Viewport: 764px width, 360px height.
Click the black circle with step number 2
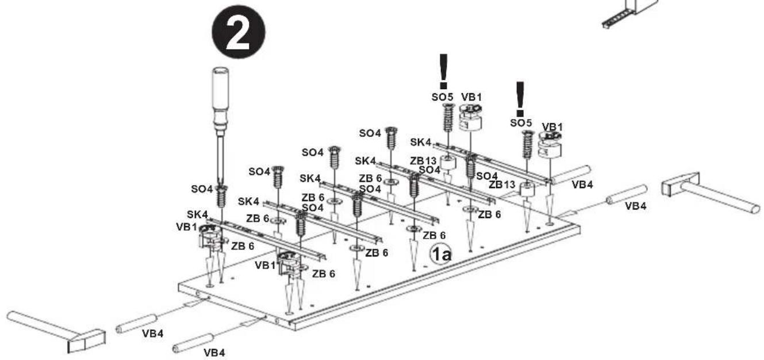pyautogui.click(x=239, y=32)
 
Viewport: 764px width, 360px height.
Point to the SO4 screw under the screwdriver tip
pyautogui.click(x=222, y=197)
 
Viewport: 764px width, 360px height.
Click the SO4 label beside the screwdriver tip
pyautogui.click(x=202, y=189)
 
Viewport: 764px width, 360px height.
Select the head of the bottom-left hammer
pyautogui.click(x=86, y=341)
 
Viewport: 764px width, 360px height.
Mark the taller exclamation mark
pyautogui.click(x=443, y=71)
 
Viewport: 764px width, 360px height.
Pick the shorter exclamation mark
pyautogui.click(x=520, y=99)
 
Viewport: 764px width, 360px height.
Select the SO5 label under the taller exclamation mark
pyautogui.click(x=443, y=97)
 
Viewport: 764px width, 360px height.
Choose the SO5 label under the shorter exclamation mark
pyautogui.click(x=521, y=123)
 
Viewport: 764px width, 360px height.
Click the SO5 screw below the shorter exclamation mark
pyautogui.click(x=528, y=144)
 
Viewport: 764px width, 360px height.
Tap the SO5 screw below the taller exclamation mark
pyautogui.click(x=449, y=117)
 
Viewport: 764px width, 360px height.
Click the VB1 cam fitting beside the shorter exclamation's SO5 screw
pyautogui.click(x=550, y=145)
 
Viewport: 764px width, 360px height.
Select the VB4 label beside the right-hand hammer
pyautogui.click(x=635, y=206)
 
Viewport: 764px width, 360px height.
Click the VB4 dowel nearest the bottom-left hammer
pyautogui.click(x=136, y=324)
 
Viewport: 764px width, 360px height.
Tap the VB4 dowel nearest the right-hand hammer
pyautogui.click(x=627, y=194)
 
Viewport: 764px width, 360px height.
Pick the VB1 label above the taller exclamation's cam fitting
pyautogui.click(x=472, y=97)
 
